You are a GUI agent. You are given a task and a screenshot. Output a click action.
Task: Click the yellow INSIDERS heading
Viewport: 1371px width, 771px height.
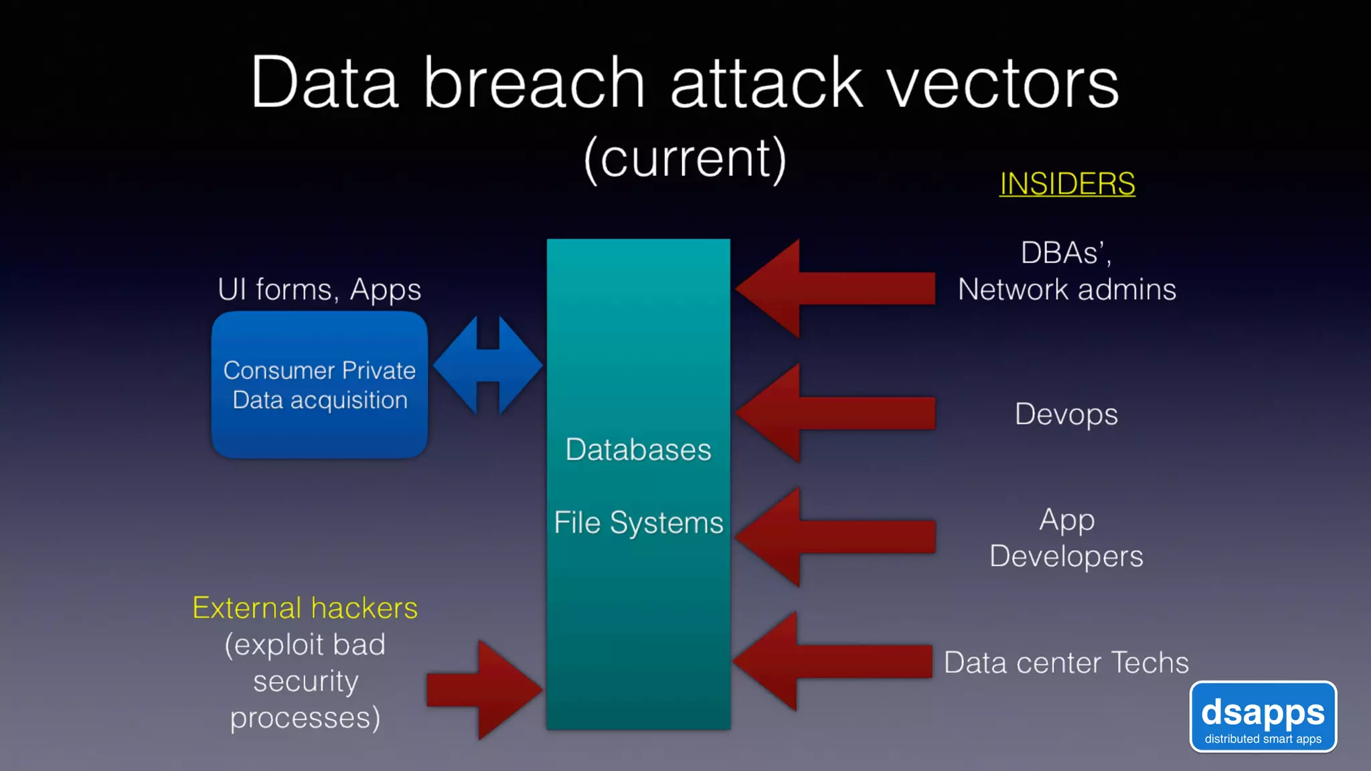click(x=1067, y=183)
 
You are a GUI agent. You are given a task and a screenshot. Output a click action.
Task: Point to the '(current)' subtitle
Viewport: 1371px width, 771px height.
click(x=685, y=159)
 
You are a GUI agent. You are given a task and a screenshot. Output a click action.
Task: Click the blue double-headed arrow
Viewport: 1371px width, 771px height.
click(x=488, y=365)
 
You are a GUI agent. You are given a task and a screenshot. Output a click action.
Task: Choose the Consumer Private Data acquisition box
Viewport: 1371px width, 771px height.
click(x=319, y=385)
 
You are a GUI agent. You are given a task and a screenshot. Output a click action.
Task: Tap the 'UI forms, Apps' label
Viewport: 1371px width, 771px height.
click(x=319, y=289)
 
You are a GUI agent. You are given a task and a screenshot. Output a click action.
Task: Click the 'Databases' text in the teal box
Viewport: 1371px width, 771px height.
click(x=638, y=449)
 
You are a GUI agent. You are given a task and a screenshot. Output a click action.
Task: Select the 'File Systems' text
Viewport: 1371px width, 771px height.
click(x=638, y=523)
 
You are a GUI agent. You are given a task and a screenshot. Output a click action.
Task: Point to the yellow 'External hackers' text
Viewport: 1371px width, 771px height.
click(x=305, y=608)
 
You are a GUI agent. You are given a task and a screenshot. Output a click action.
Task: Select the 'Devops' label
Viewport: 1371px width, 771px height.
click(x=1066, y=414)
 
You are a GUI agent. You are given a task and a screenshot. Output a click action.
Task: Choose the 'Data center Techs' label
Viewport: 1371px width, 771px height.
click(x=1066, y=663)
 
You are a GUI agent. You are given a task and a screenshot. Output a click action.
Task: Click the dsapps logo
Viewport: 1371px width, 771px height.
click(x=1263, y=717)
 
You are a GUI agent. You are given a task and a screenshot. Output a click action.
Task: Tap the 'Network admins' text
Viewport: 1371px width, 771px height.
click(x=1067, y=290)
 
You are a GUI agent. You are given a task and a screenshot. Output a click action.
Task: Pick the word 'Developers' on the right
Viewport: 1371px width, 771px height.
click(x=1066, y=556)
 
